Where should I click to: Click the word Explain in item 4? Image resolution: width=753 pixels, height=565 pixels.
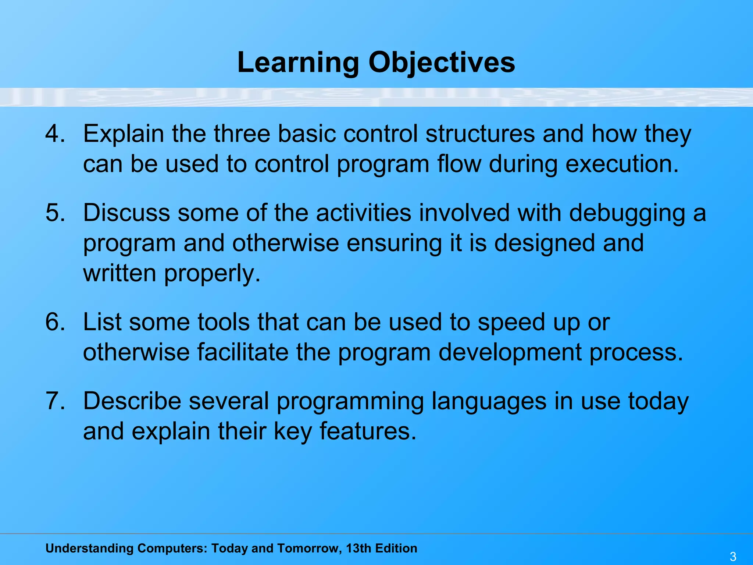point(123,134)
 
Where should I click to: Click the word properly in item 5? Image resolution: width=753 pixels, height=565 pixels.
point(212,274)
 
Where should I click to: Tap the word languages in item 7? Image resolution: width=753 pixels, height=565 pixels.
point(489,401)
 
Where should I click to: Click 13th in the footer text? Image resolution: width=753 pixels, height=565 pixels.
point(358,548)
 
